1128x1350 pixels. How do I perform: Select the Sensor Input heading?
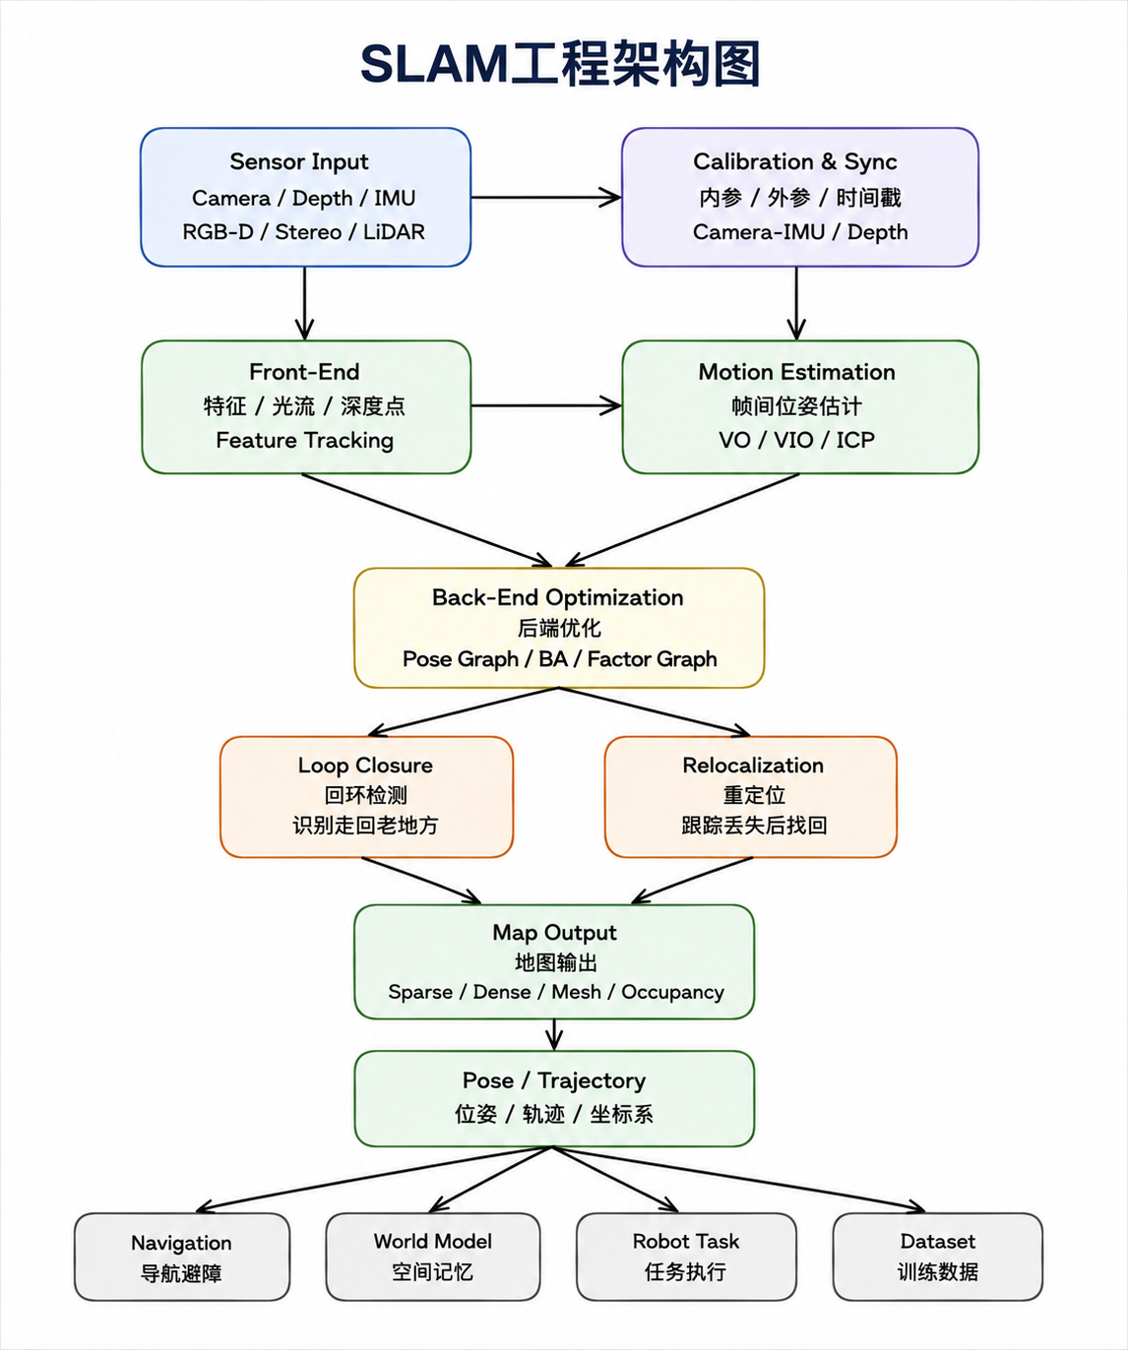tap(299, 161)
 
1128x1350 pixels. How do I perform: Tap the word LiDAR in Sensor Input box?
tap(394, 231)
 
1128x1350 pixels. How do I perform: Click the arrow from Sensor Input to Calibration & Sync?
tap(546, 197)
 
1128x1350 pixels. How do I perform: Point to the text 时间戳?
tap(868, 197)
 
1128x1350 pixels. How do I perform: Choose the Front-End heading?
tap(304, 372)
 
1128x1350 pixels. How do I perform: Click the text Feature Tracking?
tap(304, 440)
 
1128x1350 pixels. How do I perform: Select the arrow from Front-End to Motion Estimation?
tap(546, 406)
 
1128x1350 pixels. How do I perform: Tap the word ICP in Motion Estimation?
tap(855, 440)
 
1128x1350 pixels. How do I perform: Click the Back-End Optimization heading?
tap(557, 597)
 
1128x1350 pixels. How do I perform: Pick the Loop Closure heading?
tap(365, 766)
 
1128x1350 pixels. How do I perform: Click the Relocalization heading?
tap(753, 766)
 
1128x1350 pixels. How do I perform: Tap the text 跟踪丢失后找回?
tap(754, 826)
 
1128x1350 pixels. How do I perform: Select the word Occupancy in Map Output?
tap(672, 993)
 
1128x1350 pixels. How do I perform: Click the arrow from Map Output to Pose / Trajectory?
tap(553, 1034)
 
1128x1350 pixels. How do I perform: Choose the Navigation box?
tap(182, 1257)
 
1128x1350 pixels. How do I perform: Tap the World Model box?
tap(433, 1257)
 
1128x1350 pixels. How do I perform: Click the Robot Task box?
tap(686, 1257)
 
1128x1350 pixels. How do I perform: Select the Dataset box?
tap(938, 1257)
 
